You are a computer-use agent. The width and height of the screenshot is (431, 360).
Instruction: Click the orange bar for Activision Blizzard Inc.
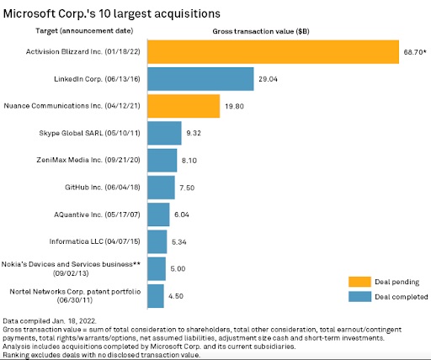272,52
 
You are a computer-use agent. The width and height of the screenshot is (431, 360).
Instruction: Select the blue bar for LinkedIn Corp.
200,79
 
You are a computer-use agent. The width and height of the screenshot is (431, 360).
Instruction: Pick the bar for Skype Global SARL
164,134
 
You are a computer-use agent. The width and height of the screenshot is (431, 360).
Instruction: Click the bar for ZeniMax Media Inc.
162,161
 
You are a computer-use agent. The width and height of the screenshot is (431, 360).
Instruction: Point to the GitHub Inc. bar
161,188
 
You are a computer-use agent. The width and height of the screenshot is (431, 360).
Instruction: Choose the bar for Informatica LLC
157,241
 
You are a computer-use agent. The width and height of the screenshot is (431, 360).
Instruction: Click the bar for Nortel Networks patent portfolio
155,295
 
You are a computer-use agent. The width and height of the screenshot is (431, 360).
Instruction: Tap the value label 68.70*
413,52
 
